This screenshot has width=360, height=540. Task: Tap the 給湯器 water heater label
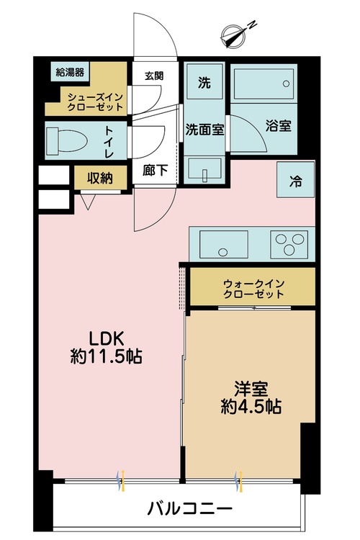70,72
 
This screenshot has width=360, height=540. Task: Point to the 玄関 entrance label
153,76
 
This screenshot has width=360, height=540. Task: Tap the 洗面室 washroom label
204,130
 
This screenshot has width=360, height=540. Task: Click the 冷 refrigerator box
294,181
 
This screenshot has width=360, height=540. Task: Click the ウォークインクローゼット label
254,288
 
